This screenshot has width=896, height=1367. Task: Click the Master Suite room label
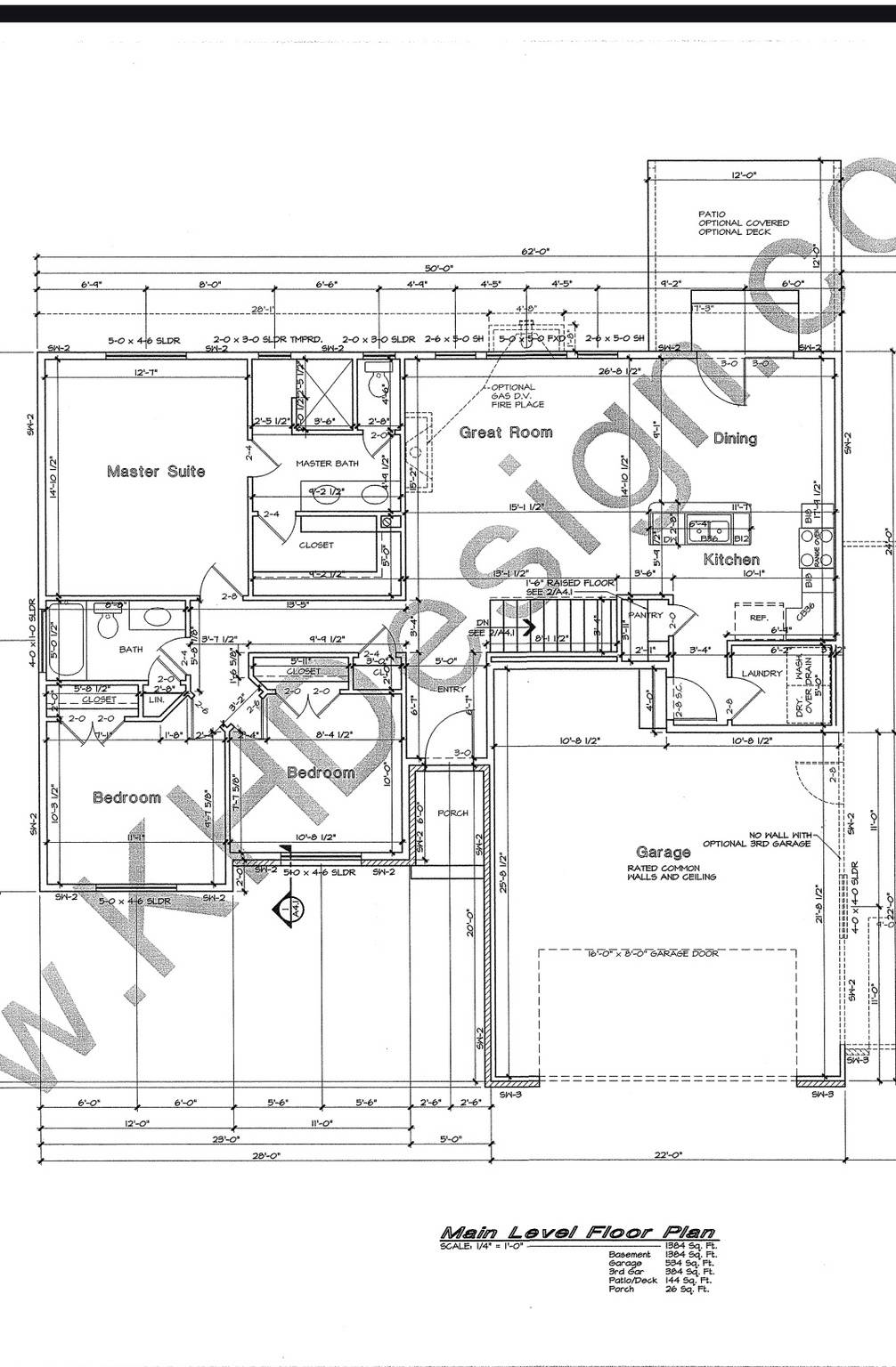[x=156, y=471]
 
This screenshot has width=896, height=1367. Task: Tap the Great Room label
[x=506, y=433]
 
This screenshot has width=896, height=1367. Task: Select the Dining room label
[x=735, y=438]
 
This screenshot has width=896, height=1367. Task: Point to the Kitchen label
[x=731, y=559]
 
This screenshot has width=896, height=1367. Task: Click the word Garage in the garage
[x=663, y=852]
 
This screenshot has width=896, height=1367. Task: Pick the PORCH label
[x=452, y=813]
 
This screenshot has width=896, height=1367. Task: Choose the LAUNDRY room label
[x=762, y=674]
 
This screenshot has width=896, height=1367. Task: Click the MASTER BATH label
[x=327, y=463]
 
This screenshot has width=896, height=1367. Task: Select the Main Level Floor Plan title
[x=578, y=1233]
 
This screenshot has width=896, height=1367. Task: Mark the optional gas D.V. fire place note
[x=515, y=395]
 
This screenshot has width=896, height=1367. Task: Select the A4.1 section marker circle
[x=287, y=910]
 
